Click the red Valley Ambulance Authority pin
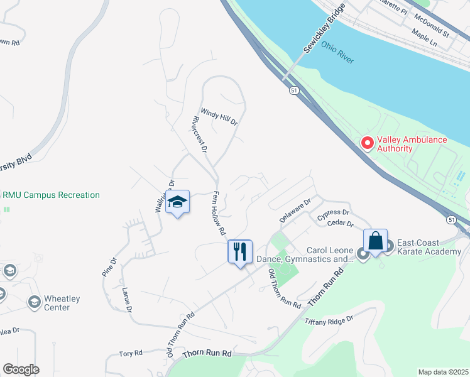(367, 144)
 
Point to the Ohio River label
(337, 53)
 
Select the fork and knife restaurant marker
(239, 252)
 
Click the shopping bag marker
(375, 241)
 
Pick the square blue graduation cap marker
(178, 202)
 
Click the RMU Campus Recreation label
(52, 195)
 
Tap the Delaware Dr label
(295, 211)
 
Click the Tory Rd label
(131, 354)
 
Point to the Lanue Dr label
(126, 300)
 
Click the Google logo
(21, 369)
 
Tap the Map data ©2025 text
(443, 372)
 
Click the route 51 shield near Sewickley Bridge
(293, 90)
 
